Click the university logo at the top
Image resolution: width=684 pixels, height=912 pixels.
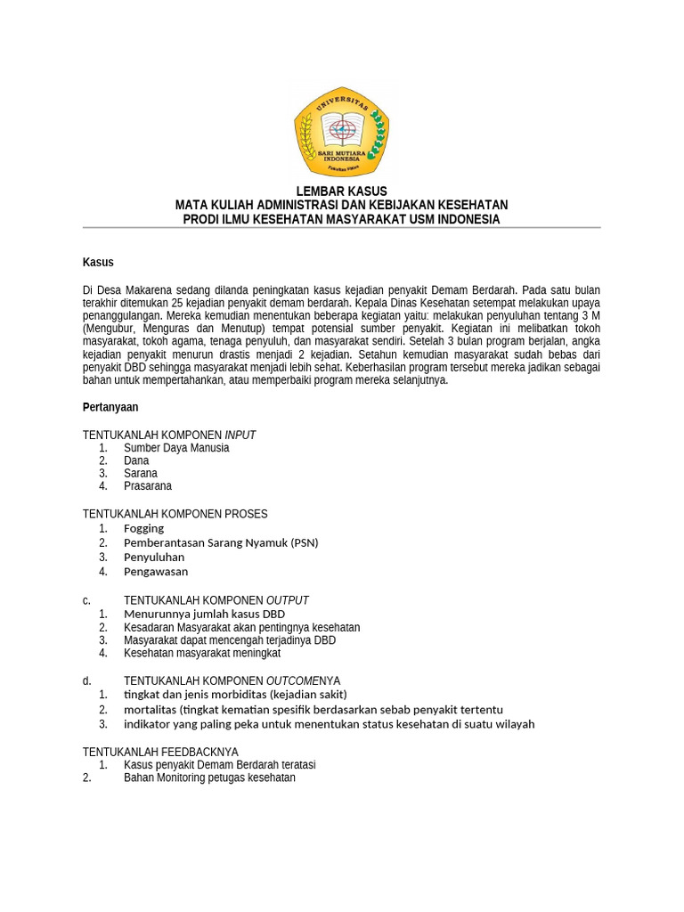(x=341, y=131)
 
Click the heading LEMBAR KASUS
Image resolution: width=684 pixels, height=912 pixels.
(x=341, y=191)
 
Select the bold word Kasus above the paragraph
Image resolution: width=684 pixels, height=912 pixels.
(x=98, y=262)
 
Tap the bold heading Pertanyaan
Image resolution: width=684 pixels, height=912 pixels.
(x=110, y=407)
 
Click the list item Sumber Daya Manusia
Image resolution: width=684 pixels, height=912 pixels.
(x=176, y=448)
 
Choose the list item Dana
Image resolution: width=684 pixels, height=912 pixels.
(x=136, y=460)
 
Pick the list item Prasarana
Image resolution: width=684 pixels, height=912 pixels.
(x=148, y=486)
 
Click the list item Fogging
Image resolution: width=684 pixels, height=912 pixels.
(x=143, y=528)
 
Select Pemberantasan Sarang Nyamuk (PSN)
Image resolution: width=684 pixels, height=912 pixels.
(x=221, y=542)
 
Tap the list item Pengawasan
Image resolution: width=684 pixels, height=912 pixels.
(x=156, y=572)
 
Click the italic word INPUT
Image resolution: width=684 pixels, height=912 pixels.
(x=240, y=435)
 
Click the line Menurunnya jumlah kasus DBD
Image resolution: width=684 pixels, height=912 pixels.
(x=204, y=615)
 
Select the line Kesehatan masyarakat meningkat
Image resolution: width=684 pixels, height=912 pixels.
(x=202, y=653)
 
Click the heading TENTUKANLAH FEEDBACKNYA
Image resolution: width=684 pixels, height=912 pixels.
(x=160, y=752)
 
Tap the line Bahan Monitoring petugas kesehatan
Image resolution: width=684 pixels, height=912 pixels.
(x=209, y=778)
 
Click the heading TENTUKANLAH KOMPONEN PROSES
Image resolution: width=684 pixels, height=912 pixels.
(x=175, y=514)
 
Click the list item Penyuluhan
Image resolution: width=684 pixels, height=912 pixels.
(x=154, y=558)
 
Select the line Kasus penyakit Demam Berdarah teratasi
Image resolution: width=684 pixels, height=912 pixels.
(x=219, y=765)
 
